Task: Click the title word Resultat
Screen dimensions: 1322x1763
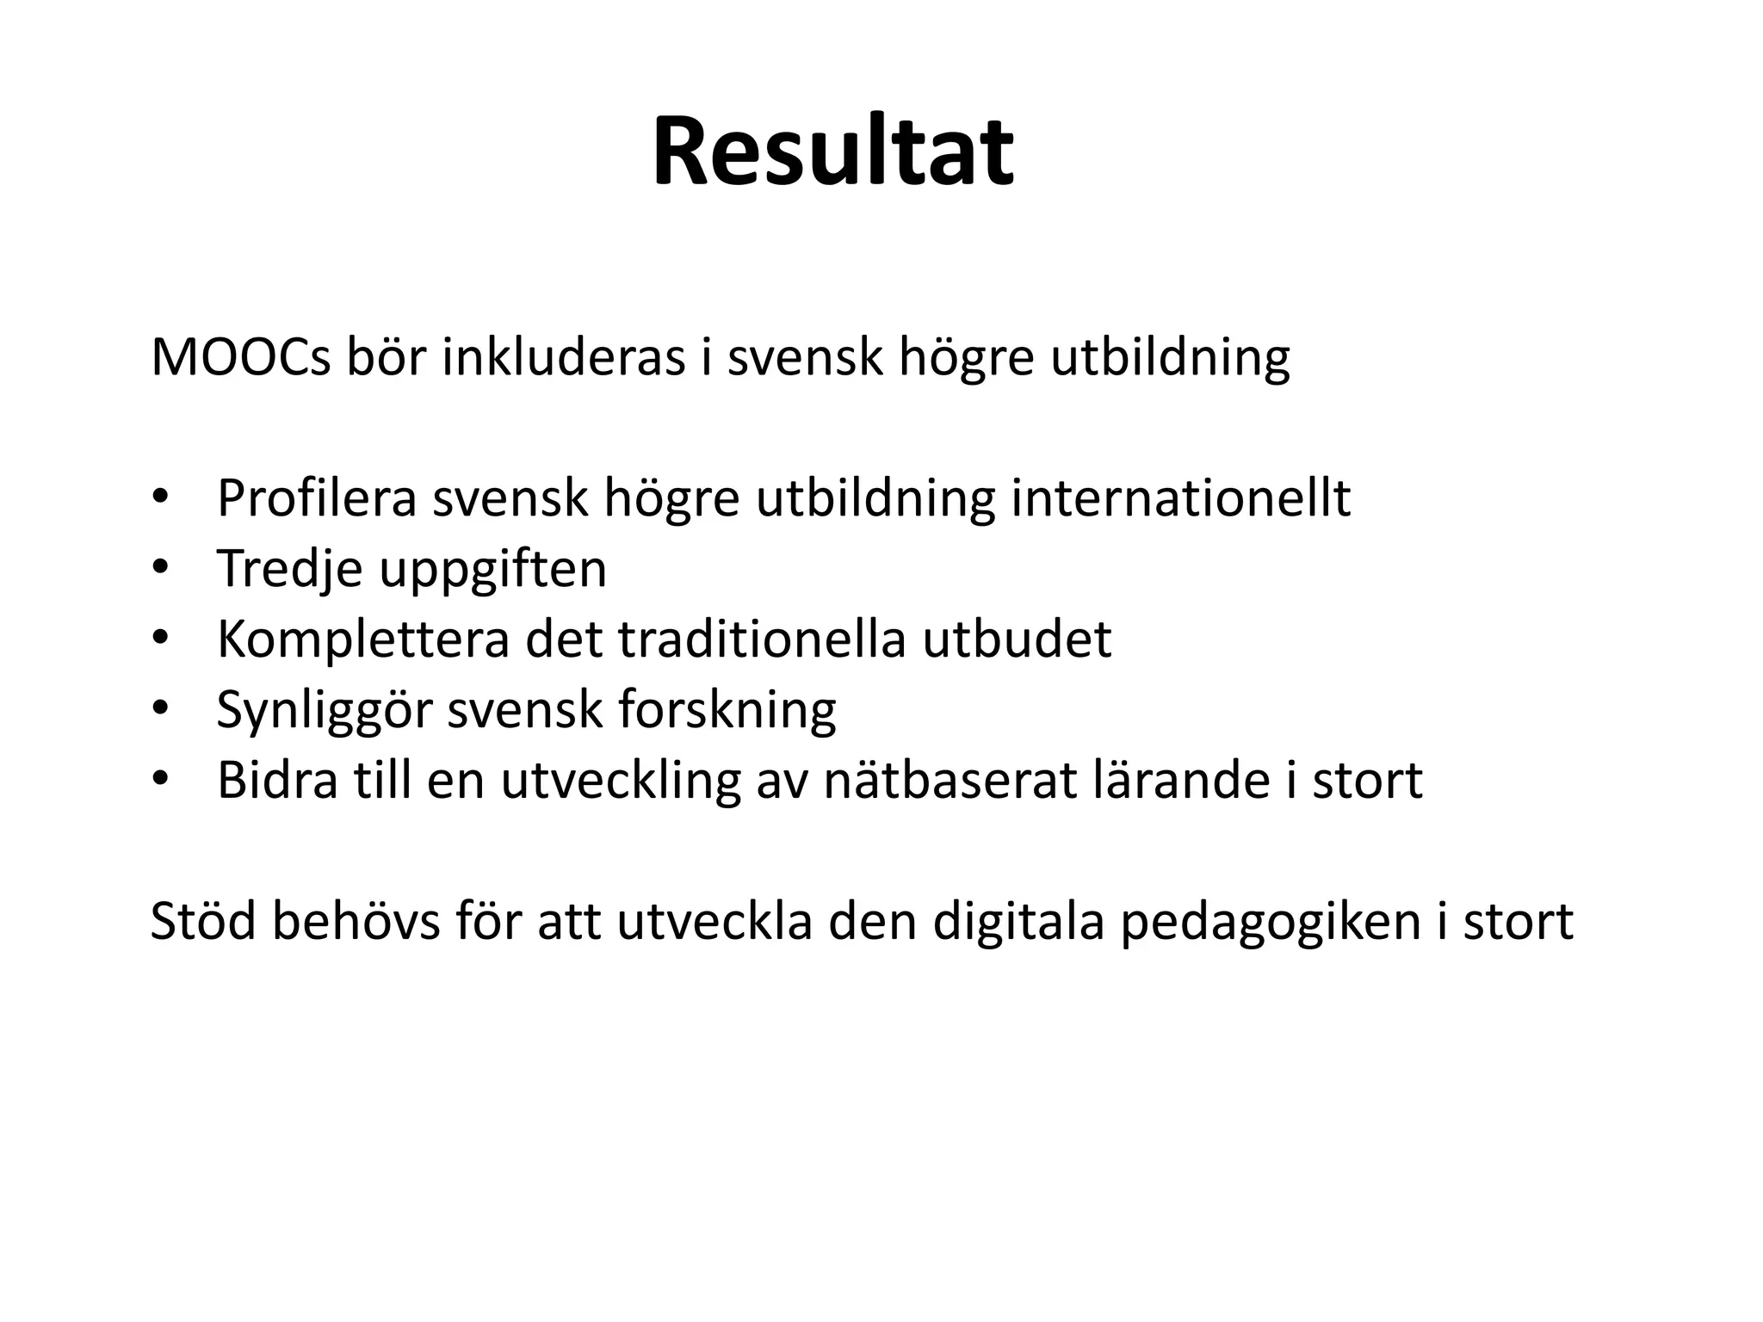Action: (x=832, y=153)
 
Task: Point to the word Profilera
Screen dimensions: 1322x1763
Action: (x=317, y=498)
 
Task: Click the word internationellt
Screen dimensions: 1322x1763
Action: (x=1180, y=498)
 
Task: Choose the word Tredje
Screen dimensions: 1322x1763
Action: (x=289, y=569)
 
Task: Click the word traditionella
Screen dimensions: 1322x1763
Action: (x=761, y=639)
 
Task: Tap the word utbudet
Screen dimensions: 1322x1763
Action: (x=1017, y=639)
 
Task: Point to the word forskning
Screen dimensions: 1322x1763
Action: (x=727, y=711)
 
